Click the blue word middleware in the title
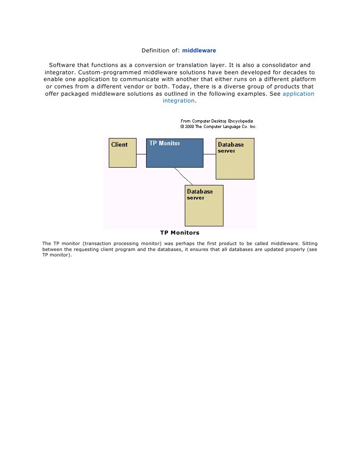point(199,50)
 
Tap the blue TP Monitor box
point(174,155)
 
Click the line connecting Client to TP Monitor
point(141,154)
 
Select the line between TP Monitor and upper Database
point(209,154)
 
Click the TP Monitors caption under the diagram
point(180,233)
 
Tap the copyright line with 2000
point(218,127)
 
